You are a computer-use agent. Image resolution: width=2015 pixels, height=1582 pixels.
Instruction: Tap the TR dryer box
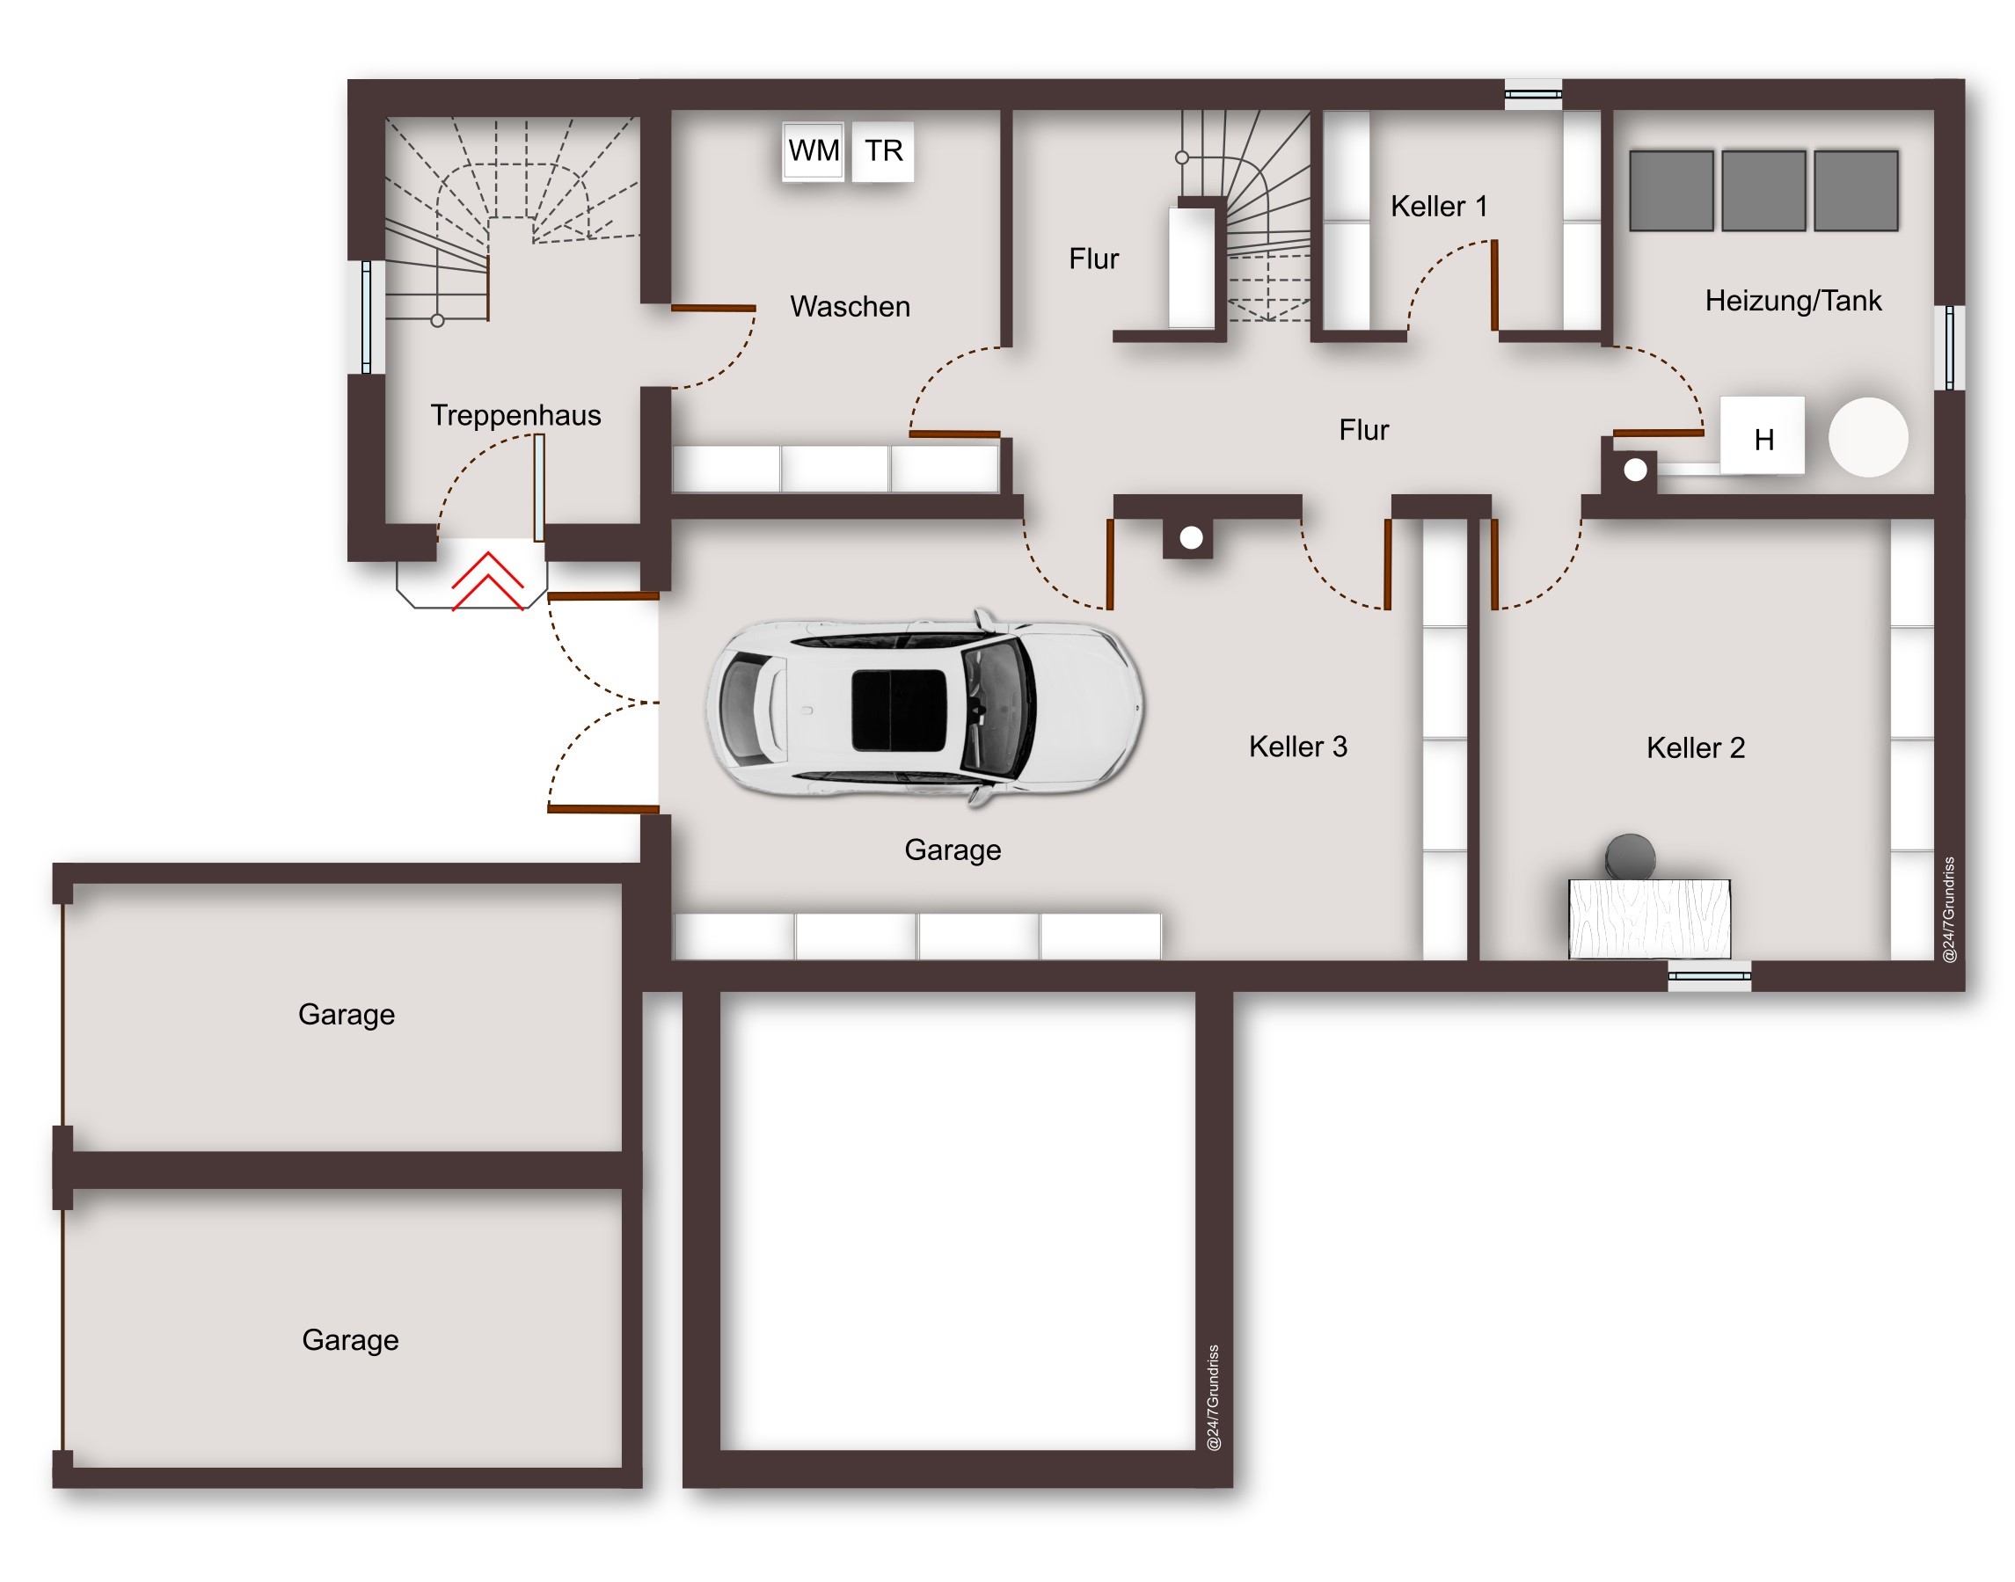(x=882, y=150)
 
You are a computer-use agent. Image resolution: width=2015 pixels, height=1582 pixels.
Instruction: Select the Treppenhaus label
(x=515, y=416)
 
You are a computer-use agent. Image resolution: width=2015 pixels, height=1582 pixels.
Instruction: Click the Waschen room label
(x=850, y=307)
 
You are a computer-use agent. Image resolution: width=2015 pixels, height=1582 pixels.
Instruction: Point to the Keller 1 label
(x=1439, y=207)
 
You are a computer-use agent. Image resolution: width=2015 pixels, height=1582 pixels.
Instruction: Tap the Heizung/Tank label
(x=1792, y=301)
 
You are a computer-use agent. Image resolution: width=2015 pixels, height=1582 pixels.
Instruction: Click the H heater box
(x=1761, y=435)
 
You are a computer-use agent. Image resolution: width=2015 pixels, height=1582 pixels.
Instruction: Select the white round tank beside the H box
(x=1868, y=437)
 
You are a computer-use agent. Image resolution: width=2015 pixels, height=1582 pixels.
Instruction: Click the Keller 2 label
(x=1696, y=747)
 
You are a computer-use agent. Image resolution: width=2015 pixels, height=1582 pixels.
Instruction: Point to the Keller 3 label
(x=1298, y=747)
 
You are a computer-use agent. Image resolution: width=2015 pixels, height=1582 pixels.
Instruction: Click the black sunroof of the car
(x=899, y=710)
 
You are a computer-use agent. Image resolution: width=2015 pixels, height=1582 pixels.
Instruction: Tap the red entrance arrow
(x=487, y=581)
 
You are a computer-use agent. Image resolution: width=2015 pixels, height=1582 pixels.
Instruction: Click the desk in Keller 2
(x=1649, y=919)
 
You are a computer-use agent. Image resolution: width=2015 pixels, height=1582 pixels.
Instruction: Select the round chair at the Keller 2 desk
(x=1630, y=856)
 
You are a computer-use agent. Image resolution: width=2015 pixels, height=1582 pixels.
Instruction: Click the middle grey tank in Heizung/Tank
(x=1763, y=190)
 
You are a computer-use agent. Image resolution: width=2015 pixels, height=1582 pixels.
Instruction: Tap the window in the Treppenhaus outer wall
(x=367, y=317)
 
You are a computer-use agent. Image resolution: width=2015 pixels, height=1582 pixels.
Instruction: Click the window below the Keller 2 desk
(x=1709, y=975)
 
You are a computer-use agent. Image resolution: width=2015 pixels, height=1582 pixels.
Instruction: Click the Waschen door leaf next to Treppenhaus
(x=713, y=308)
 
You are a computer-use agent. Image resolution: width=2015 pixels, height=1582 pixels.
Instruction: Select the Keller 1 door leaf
(x=1494, y=285)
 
